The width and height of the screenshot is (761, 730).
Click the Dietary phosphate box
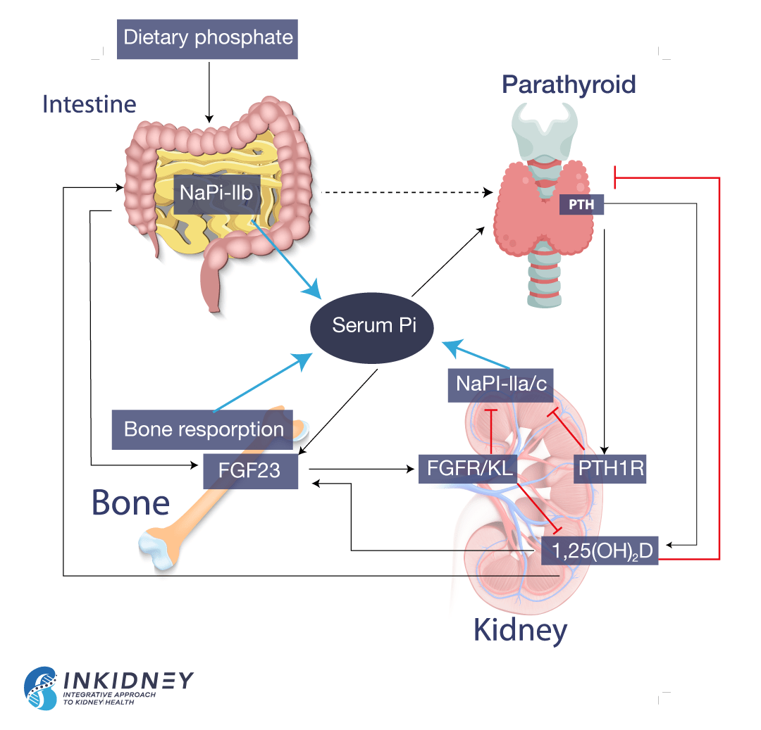tap(207, 37)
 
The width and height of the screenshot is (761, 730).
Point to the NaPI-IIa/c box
tap(500, 383)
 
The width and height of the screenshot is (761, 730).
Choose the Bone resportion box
tap(203, 429)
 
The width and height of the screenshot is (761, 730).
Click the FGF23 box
tap(249, 470)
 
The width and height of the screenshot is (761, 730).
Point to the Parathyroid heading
tap(569, 84)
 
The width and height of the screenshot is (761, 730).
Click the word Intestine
tap(89, 104)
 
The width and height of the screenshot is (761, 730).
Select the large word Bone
tap(131, 503)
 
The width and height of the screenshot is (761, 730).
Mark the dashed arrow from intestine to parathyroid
tap(406, 192)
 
